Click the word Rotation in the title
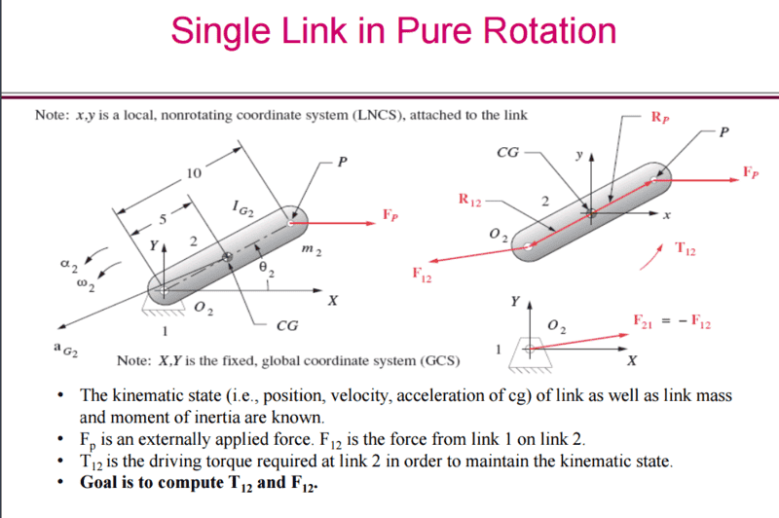click(549, 31)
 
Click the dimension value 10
click(194, 173)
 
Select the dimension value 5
click(163, 219)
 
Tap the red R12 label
click(469, 200)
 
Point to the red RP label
click(660, 118)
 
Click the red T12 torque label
click(686, 248)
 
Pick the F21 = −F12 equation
click(672, 322)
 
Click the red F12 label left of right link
click(422, 274)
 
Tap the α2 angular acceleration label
click(69, 264)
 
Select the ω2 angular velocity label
click(86, 284)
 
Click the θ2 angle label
click(267, 269)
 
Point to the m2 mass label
click(312, 249)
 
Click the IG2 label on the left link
click(242, 208)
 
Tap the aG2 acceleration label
click(65, 350)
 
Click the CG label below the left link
click(287, 326)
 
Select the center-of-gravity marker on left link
click(227, 257)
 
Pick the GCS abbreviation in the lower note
click(440, 360)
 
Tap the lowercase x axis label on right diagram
click(667, 215)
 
